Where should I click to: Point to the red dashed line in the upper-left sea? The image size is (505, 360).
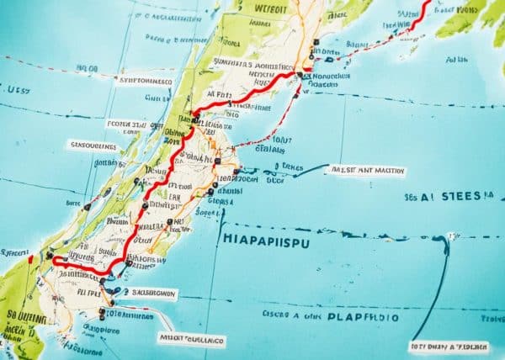click(x=50, y=64)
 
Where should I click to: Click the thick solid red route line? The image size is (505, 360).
click(x=165, y=173)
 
